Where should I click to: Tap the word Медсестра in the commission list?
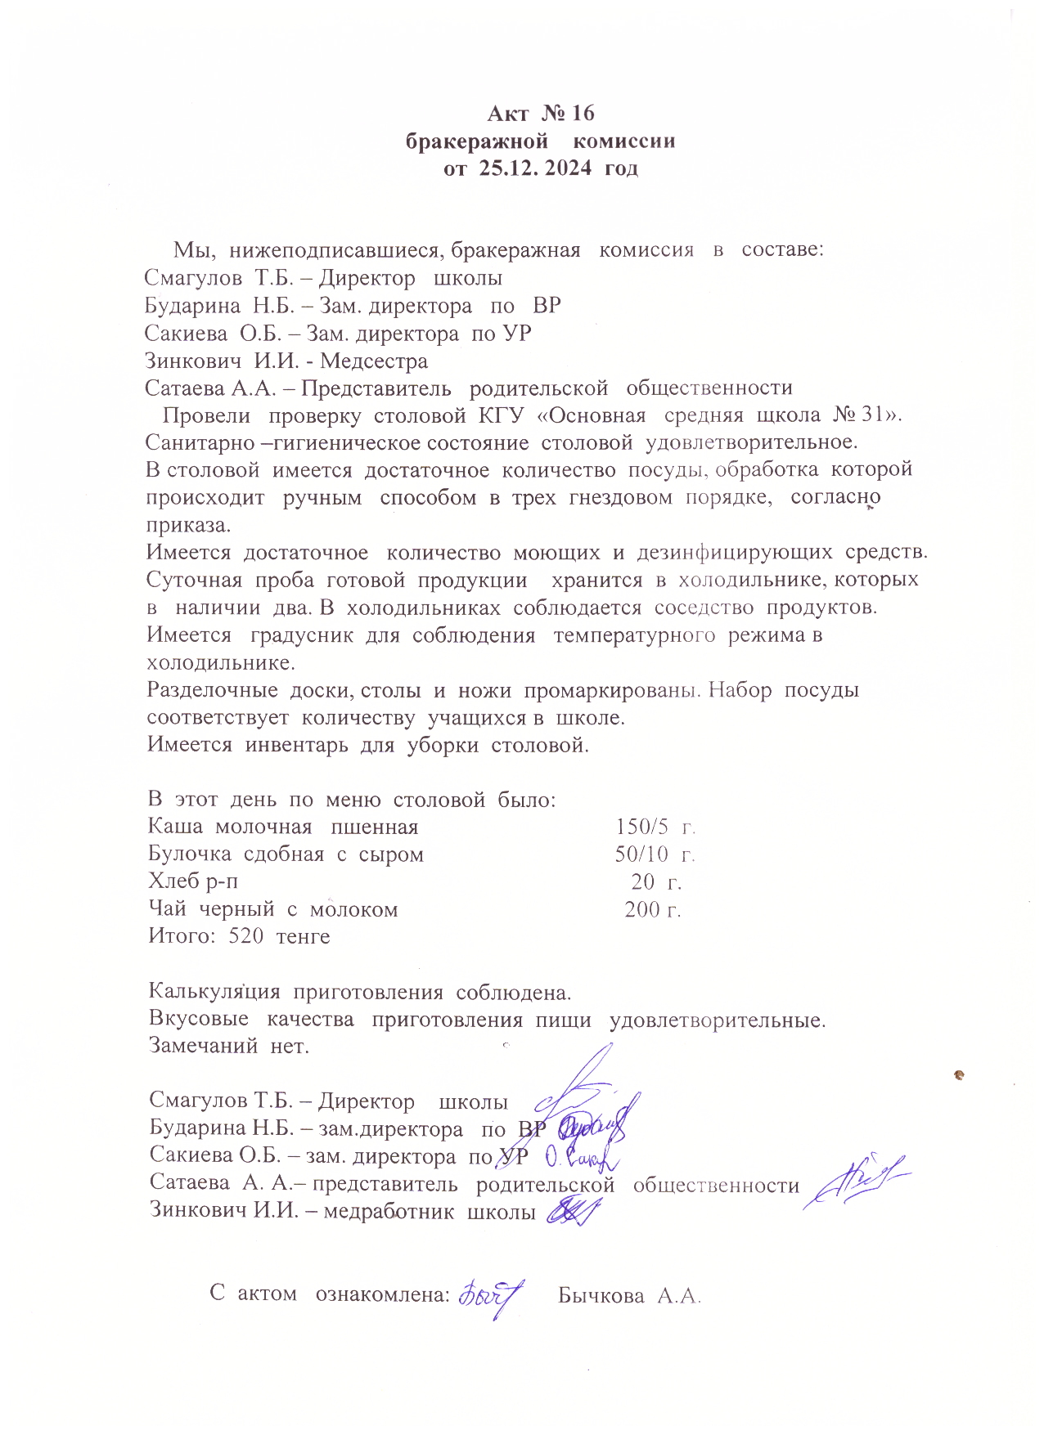[374, 361]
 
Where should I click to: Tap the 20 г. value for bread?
[656, 881]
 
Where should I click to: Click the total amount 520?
[245, 936]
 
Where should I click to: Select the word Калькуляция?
[214, 993]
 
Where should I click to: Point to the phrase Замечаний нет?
[229, 1046]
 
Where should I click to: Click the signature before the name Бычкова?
[491, 1295]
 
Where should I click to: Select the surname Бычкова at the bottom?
[601, 1296]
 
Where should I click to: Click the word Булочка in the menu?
[189, 854]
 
